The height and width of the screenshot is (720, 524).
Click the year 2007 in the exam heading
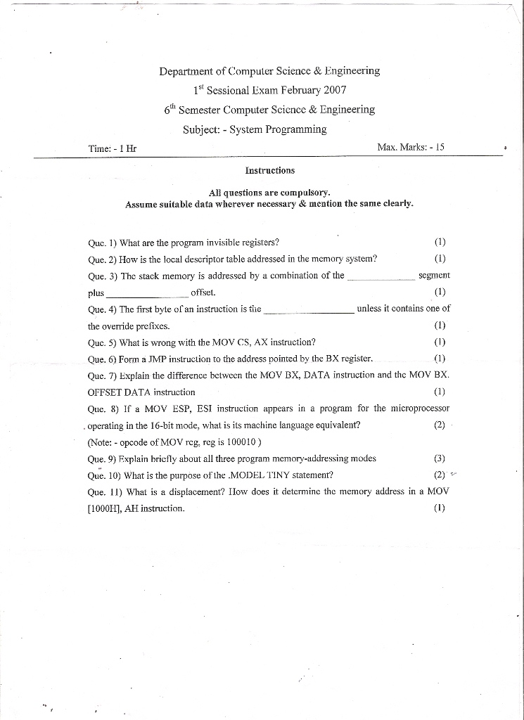[x=334, y=90]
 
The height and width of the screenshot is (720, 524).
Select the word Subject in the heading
[x=202, y=129]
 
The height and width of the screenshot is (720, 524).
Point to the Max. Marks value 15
[x=440, y=147]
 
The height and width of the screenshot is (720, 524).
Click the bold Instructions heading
[x=269, y=170]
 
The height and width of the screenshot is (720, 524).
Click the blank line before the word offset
[x=147, y=292]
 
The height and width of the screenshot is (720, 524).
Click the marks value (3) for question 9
[x=440, y=458]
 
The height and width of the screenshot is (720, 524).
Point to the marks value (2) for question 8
[x=440, y=425]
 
